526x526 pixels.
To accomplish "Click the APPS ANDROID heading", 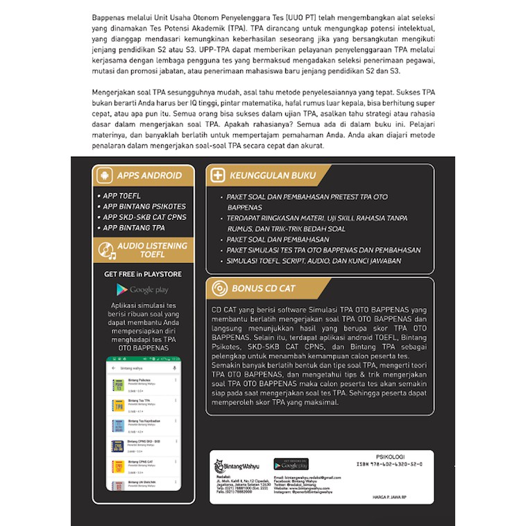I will pyautogui.click(x=149, y=176).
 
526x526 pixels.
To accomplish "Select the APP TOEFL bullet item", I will pyautogui.click(x=122, y=196).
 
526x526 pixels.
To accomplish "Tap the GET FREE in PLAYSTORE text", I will pyautogui.click(x=142, y=274).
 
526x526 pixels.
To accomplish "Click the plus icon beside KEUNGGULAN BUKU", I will pyautogui.click(x=218, y=176).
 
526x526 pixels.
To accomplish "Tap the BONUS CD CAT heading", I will pyautogui.click(x=264, y=288).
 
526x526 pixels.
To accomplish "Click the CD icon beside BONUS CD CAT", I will pyautogui.click(x=218, y=288).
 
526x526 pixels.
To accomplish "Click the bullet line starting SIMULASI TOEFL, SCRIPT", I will pyautogui.click(x=314, y=260).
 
